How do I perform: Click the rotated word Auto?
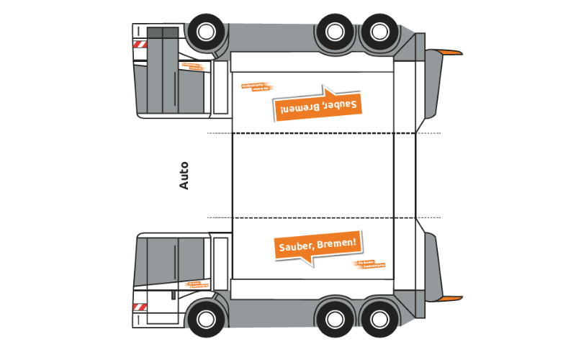pyautogui.click(x=184, y=175)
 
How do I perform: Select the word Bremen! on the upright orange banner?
pyautogui.click(x=337, y=243)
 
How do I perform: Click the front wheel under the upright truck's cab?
pyautogui.click(x=205, y=317)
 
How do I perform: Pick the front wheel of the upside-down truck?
pyautogui.click(x=205, y=31)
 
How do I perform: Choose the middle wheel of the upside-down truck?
pyautogui.click(x=335, y=31)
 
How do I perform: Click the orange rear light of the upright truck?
pyautogui.click(x=449, y=297)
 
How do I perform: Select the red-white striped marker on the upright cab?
pyautogui.click(x=139, y=307)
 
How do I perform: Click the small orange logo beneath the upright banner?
pyautogui.click(x=371, y=264)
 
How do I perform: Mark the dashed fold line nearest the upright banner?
pyautogui.click(x=324, y=217)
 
